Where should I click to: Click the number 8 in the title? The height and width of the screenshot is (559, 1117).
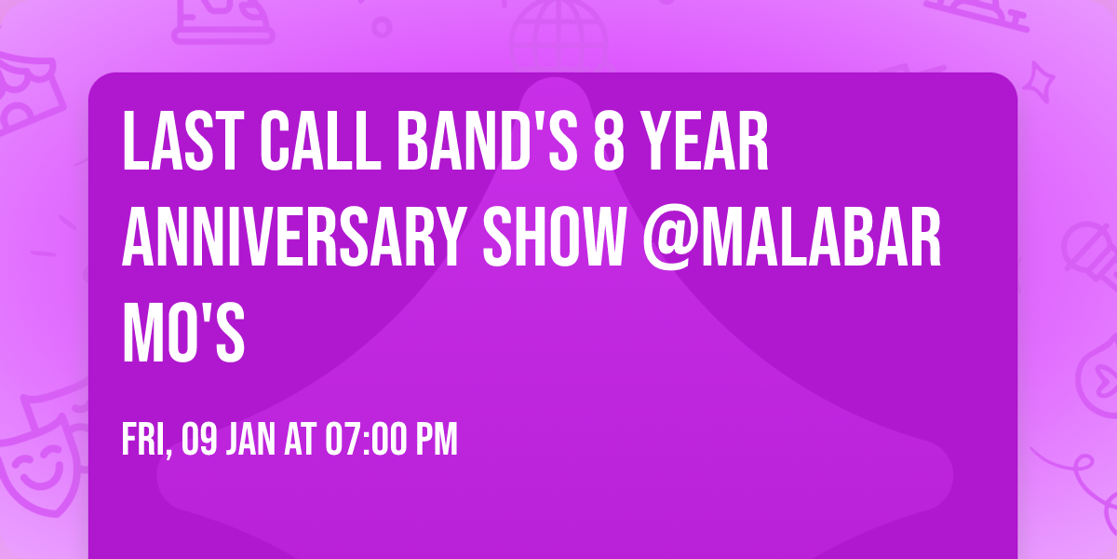(x=607, y=142)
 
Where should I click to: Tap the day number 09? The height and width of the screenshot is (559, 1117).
(x=200, y=440)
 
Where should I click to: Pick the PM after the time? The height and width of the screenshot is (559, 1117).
(x=437, y=440)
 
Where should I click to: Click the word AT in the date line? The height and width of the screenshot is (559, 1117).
(x=301, y=440)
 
